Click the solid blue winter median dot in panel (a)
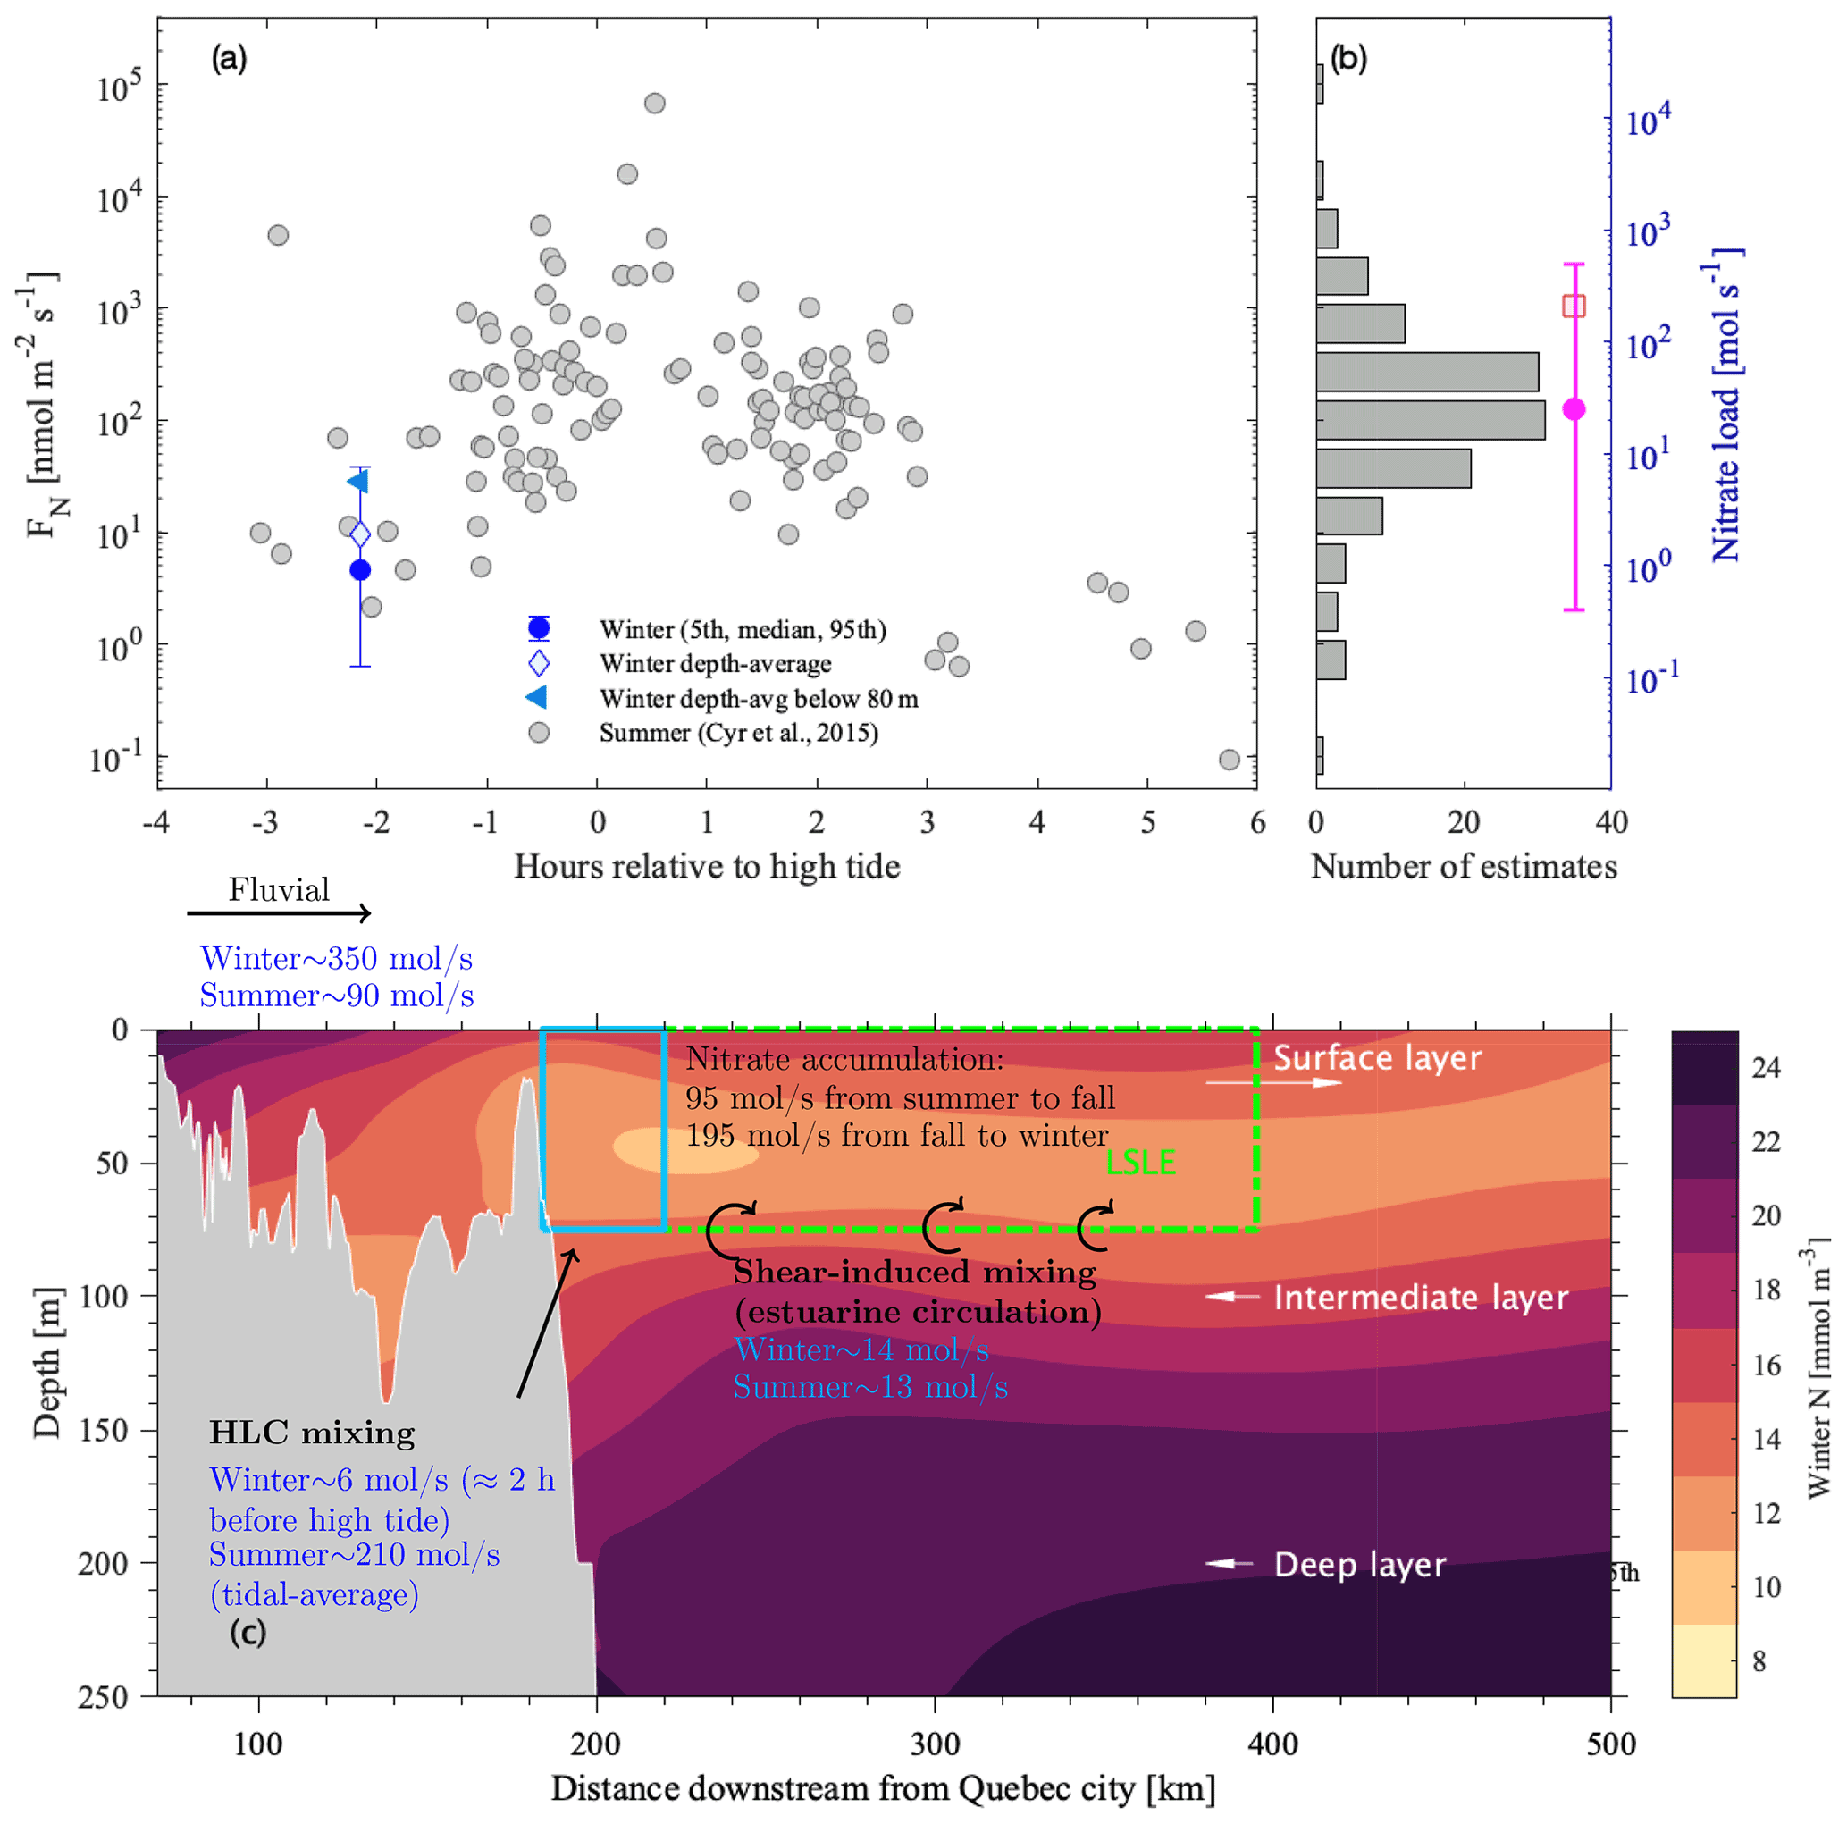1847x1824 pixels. [359, 570]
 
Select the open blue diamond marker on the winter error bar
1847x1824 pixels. [359, 534]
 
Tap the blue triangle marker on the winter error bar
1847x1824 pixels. [357, 481]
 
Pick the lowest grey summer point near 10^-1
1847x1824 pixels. [1230, 759]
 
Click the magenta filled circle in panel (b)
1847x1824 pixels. [1574, 409]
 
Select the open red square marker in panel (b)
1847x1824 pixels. [1574, 306]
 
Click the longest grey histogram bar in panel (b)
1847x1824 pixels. [1431, 421]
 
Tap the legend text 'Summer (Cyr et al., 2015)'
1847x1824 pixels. [738, 733]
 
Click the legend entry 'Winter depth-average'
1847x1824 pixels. [715, 663]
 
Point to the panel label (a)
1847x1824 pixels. [230, 59]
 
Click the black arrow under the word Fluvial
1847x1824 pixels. [278, 914]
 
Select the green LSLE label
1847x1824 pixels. [1140, 1163]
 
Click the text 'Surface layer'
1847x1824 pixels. [1377, 1058]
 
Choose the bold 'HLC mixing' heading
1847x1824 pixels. [312, 1433]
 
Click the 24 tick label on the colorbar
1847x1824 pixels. [1765, 1068]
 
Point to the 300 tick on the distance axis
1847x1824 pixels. [934, 1744]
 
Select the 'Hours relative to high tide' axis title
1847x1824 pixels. [707, 867]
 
